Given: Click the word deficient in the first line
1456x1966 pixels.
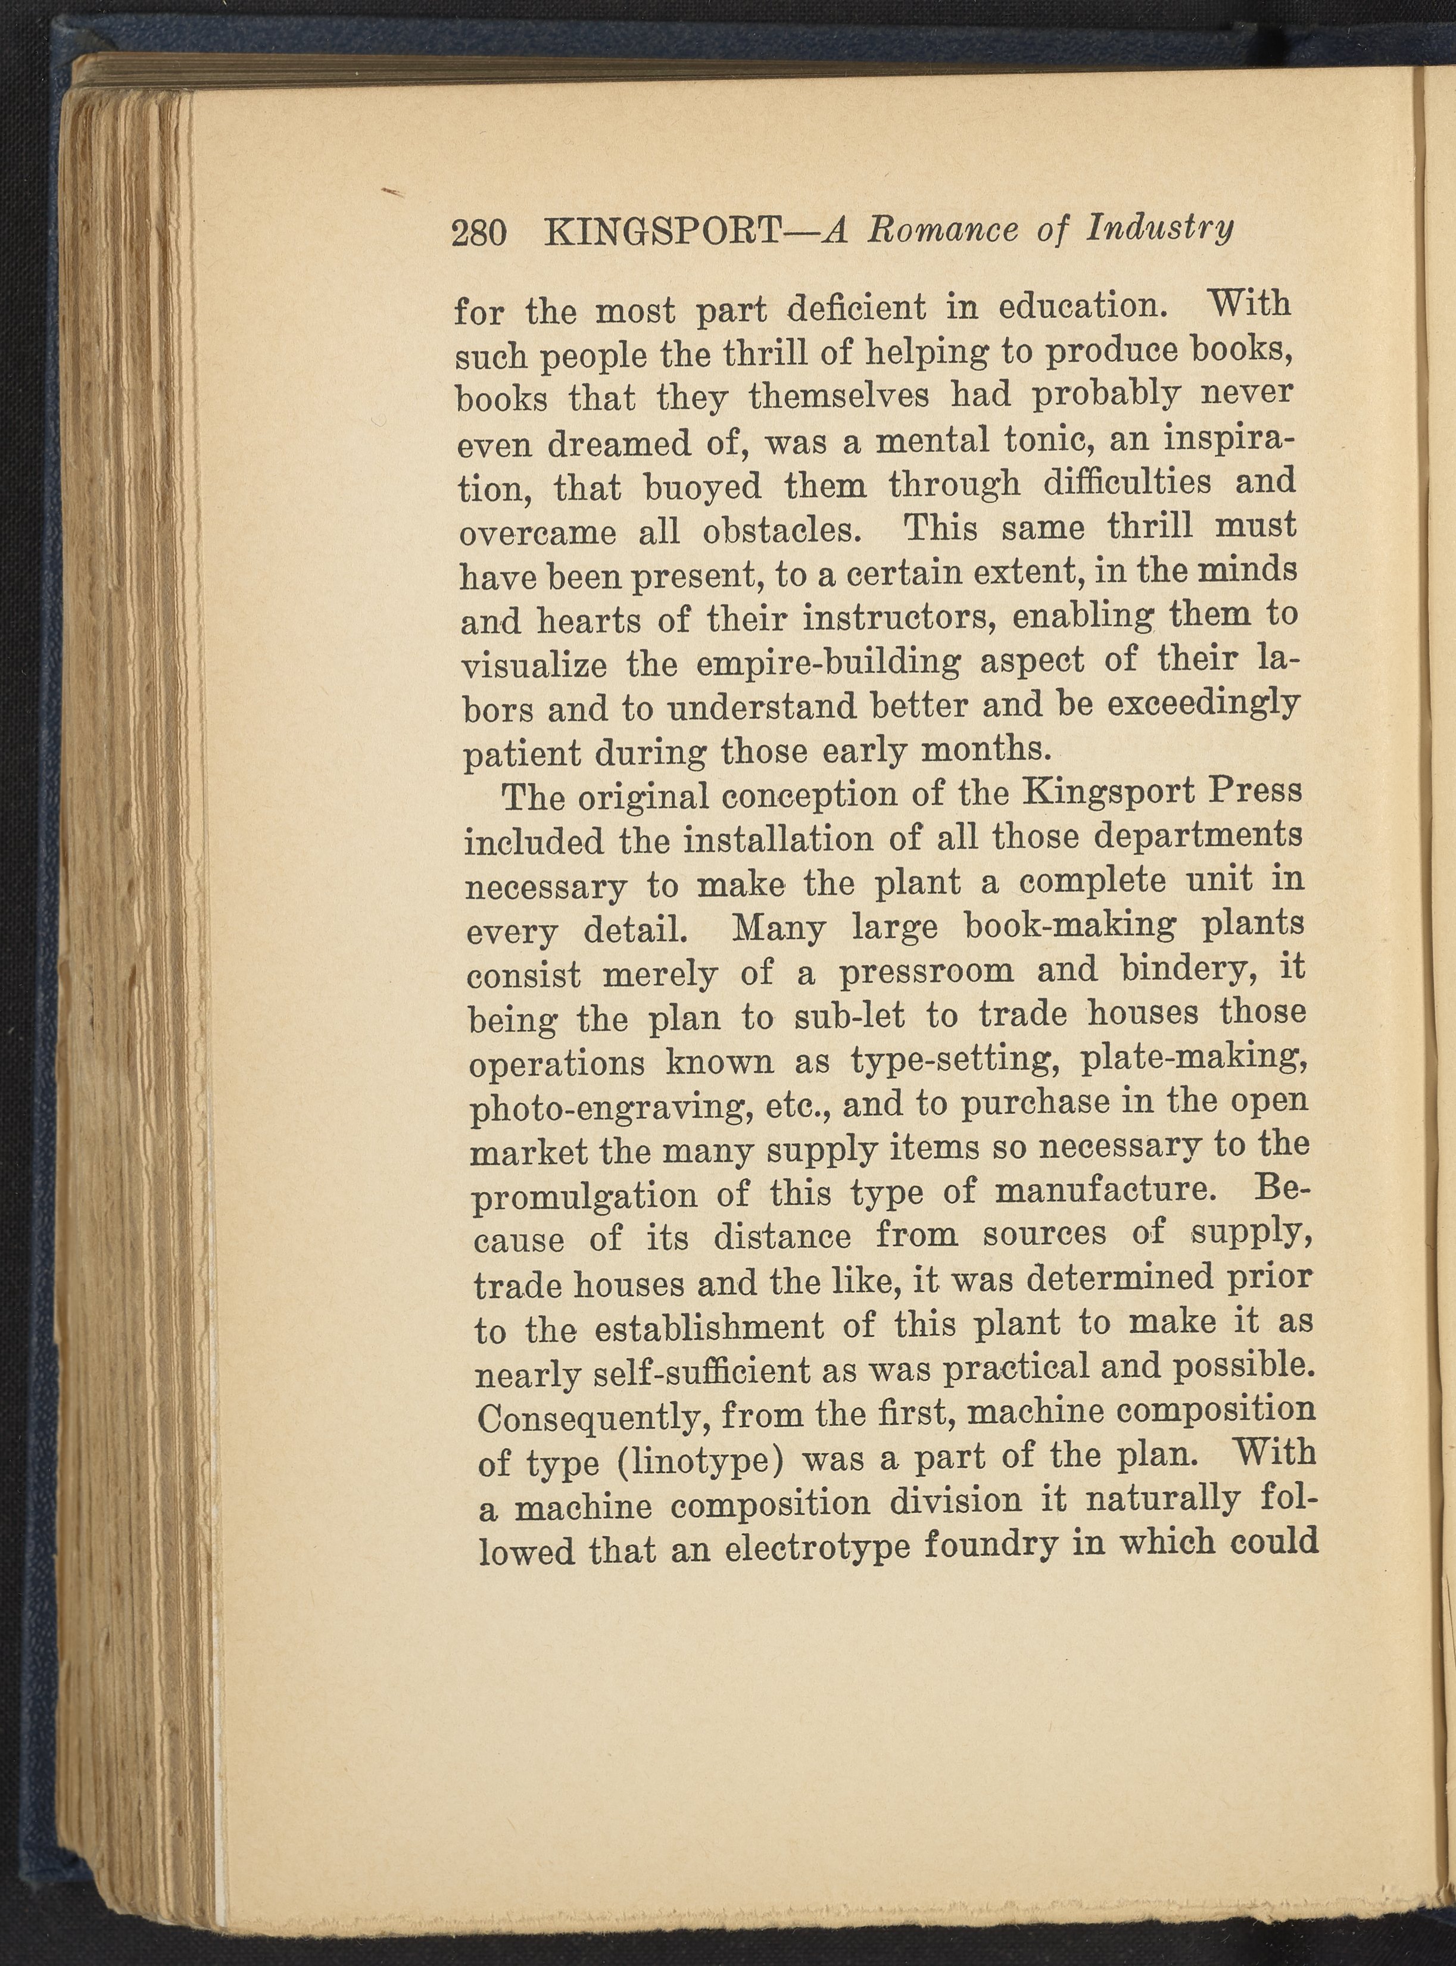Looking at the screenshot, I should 857,309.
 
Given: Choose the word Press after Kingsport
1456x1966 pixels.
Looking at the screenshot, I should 1254,789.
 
